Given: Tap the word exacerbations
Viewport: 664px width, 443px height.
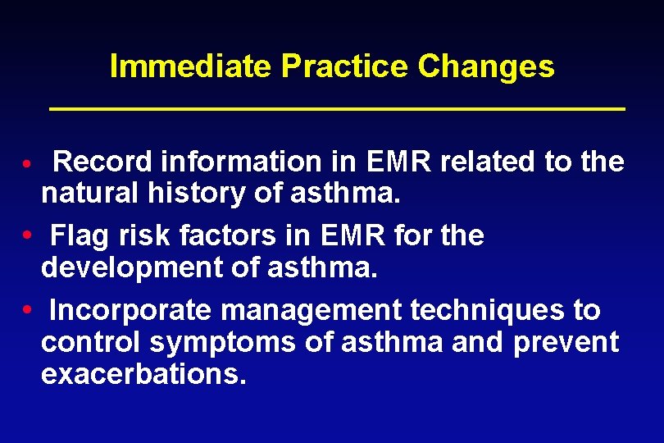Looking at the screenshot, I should (143, 374).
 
